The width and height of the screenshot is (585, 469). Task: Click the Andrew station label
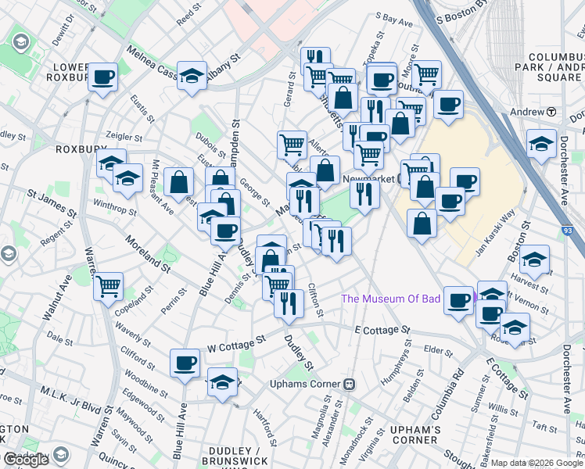point(526,112)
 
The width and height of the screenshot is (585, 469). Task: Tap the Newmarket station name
point(370,179)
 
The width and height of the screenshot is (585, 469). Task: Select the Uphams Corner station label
point(305,384)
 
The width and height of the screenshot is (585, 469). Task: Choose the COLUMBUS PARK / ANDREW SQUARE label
point(556,67)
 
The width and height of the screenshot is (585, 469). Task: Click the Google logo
point(26,460)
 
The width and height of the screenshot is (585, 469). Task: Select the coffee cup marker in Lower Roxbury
point(102,77)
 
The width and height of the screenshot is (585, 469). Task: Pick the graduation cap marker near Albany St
point(192,76)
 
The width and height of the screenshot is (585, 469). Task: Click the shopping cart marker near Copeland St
point(108,285)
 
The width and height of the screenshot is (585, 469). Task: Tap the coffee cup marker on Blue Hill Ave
point(185,363)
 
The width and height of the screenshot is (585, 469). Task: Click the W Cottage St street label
point(236,343)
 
